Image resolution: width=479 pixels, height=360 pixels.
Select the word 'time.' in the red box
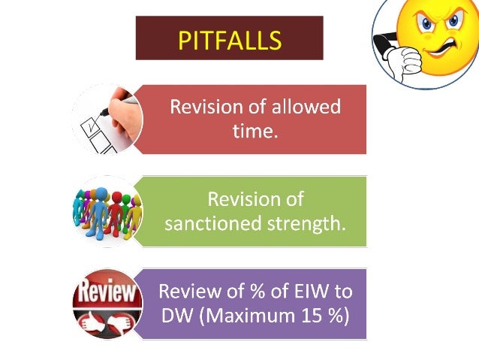(x=255, y=132)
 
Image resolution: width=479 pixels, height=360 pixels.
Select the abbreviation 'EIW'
(x=306, y=291)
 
